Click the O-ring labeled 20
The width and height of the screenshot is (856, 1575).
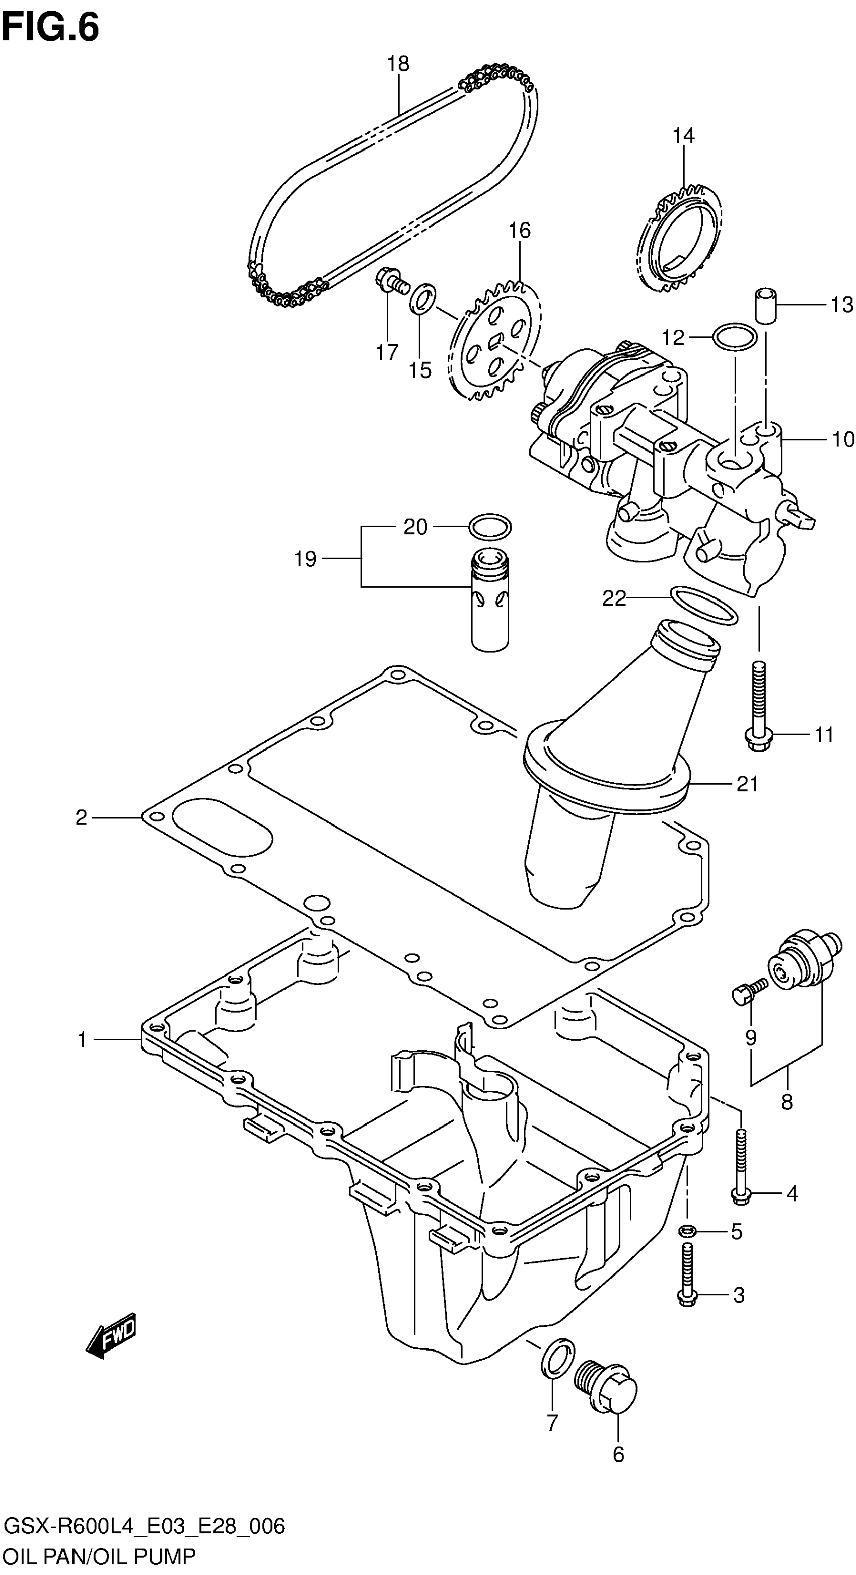[x=490, y=527]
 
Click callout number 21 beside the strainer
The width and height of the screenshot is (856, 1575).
[x=747, y=784]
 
